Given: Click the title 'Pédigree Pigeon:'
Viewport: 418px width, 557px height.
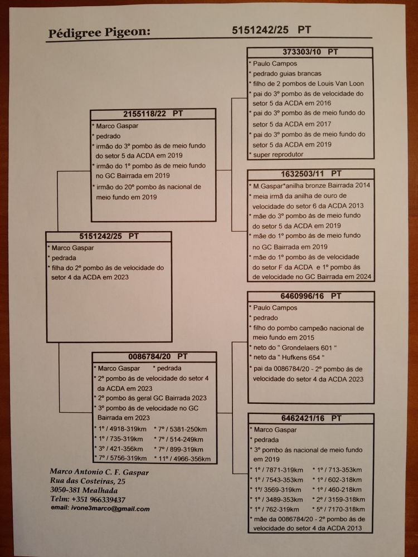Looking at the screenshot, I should pos(99,32).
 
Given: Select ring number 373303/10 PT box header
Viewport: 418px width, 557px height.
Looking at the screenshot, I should pos(311,52).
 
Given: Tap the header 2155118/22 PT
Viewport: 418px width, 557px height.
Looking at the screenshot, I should pos(153,114).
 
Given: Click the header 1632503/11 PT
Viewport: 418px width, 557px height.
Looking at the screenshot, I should pos(311,174).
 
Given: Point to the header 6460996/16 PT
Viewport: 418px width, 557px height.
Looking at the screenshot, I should pos(311,296).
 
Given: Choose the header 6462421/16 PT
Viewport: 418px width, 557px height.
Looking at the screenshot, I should pos(311,418).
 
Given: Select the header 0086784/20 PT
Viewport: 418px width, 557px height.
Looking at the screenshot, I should pos(154,356).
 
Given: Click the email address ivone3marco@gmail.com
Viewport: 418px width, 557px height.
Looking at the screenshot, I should pos(100,509).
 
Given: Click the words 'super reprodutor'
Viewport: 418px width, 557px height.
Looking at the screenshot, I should pos(277,154).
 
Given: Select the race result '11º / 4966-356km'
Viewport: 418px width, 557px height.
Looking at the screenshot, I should pos(183,459).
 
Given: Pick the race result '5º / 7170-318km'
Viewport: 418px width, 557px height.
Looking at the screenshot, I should pos(339,509).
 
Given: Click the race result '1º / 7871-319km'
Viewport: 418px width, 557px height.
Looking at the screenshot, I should pos(277,470).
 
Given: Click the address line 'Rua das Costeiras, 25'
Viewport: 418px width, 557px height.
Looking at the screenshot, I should pos(88,481).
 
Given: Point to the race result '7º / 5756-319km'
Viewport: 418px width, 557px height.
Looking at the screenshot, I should pos(120,458).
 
